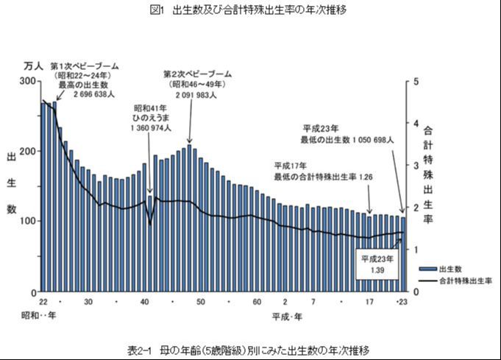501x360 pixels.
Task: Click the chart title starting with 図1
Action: click(x=250, y=10)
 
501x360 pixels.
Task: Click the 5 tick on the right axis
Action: click(x=416, y=81)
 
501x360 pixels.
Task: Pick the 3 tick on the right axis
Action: click(x=416, y=166)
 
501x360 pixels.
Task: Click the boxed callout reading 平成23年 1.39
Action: click(x=377, y=265)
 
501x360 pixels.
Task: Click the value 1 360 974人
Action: click(x=149, y=127)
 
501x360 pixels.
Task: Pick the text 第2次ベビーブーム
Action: click(x=197, y=74)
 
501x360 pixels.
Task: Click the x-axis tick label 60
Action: click(x=257, y=303)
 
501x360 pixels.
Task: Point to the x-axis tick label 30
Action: click(x=88, y=303)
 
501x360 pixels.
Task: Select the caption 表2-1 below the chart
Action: click(x=251, y=348)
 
